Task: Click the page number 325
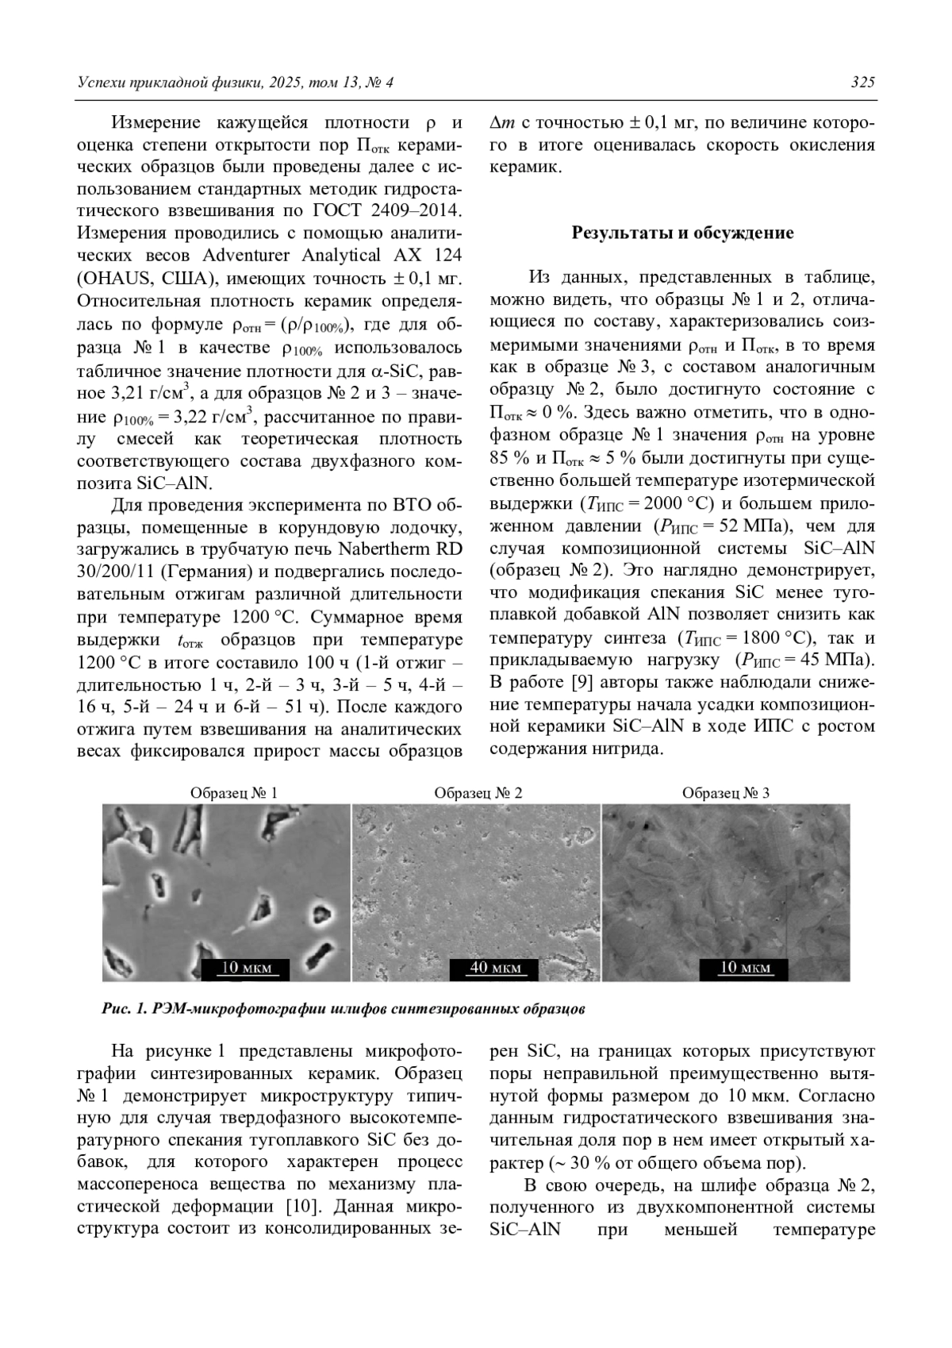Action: coord(862,83)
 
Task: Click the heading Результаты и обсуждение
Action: coord(682,233)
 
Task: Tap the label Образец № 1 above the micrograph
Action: coord(233,792)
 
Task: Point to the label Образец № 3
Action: coord(725,792)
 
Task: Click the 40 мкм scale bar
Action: coord(495,968)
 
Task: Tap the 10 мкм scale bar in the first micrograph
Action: coord(246,968)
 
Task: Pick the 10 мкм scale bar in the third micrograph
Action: coord(743,968)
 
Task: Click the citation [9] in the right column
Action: coord(578,682)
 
